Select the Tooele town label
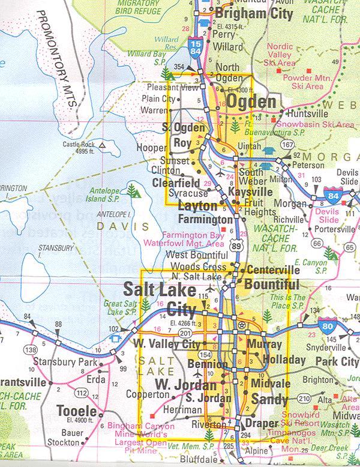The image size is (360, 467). coord(76,411)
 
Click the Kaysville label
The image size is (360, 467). coord(250,192)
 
